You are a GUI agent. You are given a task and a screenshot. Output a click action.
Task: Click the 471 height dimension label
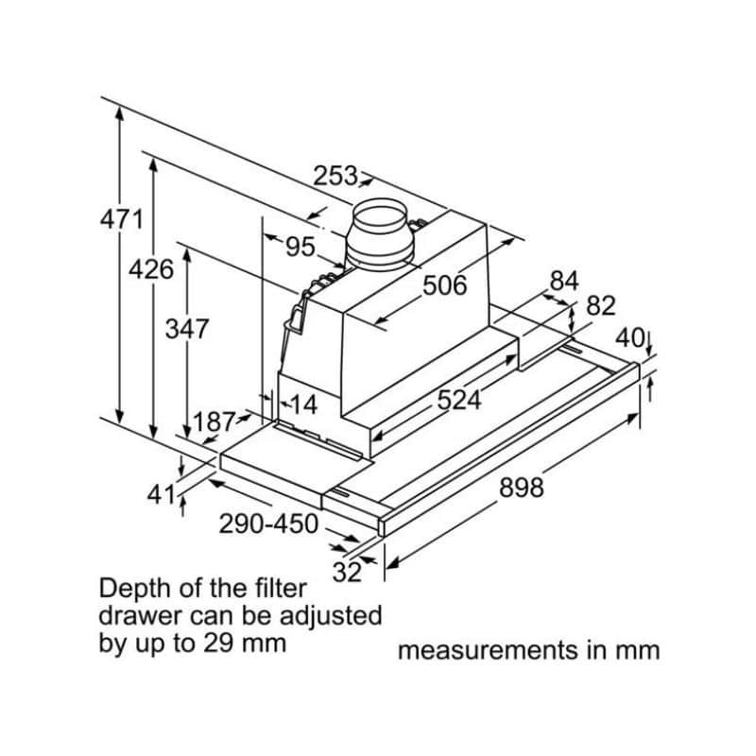(x=121, y=220)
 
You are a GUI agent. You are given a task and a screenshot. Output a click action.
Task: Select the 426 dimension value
(x=151, y=270)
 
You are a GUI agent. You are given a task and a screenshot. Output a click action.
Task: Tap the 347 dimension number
(x=186, y=330)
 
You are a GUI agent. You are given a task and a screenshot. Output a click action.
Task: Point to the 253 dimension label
(x=336, y=176)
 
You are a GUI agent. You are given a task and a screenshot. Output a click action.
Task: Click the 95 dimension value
(x=300, y=247)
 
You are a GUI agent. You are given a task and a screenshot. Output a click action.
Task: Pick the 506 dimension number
(x=444, y=284)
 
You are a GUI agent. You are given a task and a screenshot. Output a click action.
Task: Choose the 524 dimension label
(x=458, y=400)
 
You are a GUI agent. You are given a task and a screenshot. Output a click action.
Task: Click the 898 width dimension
(x=521, y=488)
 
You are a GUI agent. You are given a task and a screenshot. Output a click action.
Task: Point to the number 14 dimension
(x=302, y=405)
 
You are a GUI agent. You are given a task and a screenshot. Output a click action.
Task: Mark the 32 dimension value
(x=348, y=571)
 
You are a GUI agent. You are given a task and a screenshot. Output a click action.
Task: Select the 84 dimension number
(x=563, y=281)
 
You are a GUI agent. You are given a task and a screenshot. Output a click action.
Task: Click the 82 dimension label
(x=600, y=305)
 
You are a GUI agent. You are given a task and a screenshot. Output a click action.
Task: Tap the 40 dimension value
(x=628, y=337)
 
